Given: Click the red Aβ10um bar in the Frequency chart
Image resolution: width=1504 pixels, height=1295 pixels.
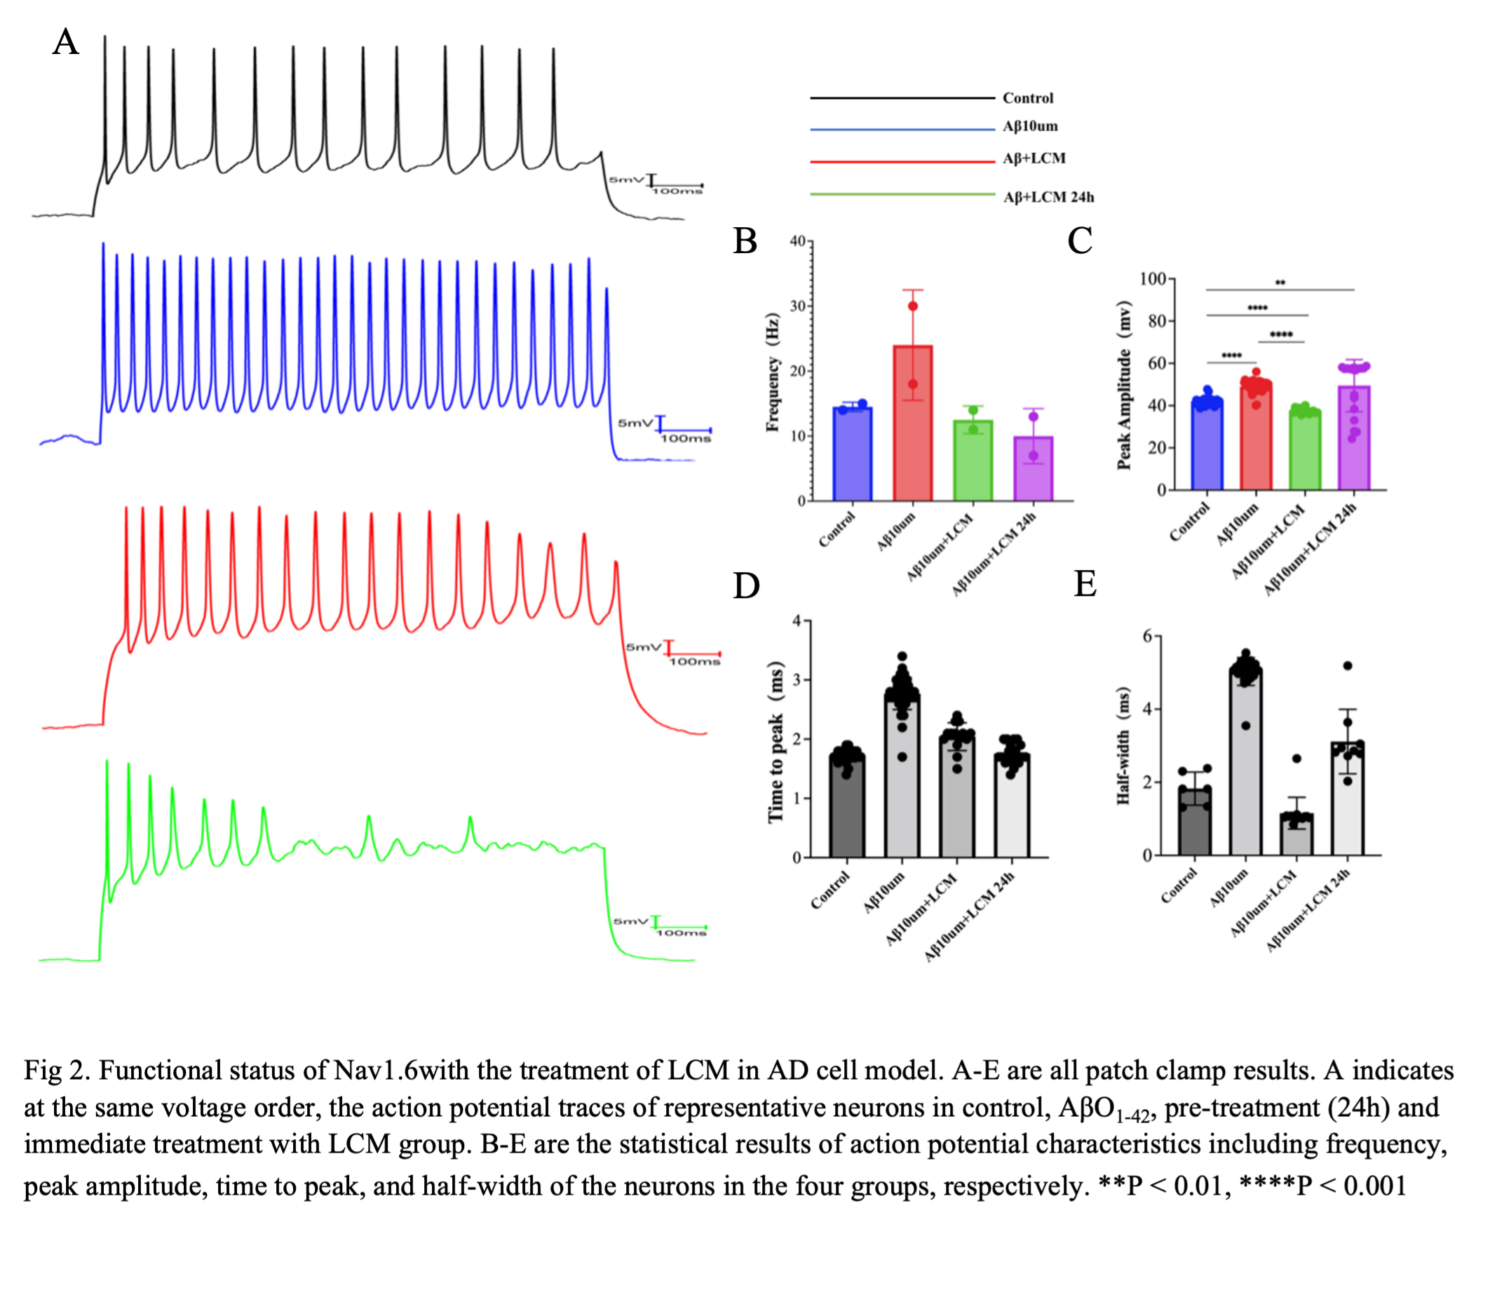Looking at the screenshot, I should pyautogui.click(x=912, y=425).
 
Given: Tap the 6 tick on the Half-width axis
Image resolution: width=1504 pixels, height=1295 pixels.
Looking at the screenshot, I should pyautogui.click(x=1147, y=636).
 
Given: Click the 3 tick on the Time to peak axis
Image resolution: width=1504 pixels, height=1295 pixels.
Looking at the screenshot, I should pyautogui.click(x=797, y=680).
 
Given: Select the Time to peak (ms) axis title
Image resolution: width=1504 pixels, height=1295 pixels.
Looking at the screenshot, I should pyautogui.click(x=776, y=741).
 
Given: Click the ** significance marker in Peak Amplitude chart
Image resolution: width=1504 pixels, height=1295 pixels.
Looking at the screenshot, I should pyautogui.click(x=1280, y=283).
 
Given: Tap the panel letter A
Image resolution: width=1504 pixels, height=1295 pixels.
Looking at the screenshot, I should pyautogui.click(x=65, y=43).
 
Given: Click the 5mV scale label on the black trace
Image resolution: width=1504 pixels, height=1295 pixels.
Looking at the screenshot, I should pyautogui.click(x=625, y=179).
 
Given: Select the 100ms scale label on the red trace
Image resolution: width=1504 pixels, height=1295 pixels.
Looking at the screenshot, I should pyautogui.click(x=694, y=662).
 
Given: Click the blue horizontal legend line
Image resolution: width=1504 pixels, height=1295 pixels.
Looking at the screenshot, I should pyautogui.click(x=902, y=130).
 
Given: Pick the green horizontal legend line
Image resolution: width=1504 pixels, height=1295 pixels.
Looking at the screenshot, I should pyautogui.click(x=902, y=194).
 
